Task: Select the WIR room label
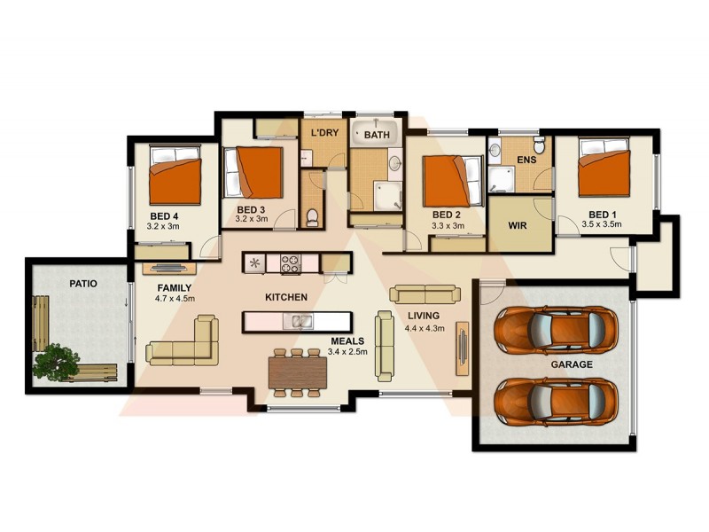pos(518,225)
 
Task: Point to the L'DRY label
pos(324,134)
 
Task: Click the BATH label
pos(377,135)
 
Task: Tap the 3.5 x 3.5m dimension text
pos(602,224)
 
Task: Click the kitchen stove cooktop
pos(292,262)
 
